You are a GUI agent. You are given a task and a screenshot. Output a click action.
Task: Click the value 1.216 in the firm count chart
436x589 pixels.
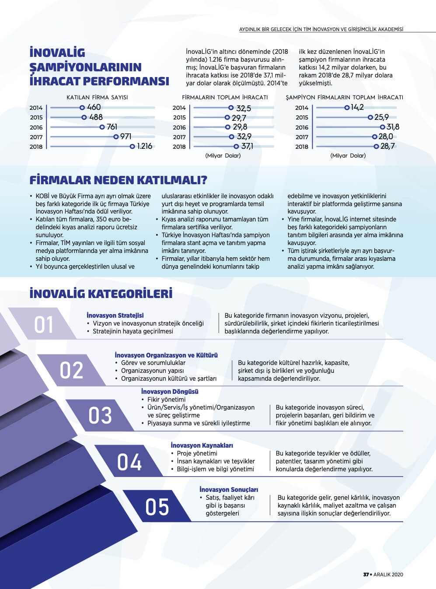pyautogui.click(x=145, y=146)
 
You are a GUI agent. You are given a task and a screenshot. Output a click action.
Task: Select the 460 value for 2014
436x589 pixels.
pyautogui.click(x=94, y=107)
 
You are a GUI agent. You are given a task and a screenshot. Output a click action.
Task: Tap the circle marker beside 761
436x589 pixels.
pyautogui.click(x=102, y=127)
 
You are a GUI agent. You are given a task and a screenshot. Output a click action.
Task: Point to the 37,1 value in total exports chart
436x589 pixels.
pyautogui.click(x=247, y=146)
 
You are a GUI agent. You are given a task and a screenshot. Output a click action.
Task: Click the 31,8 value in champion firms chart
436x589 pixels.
pyautogui.click(x=393, y=127)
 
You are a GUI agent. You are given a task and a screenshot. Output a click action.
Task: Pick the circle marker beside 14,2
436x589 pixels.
pyautogui.click(x=347, y=107)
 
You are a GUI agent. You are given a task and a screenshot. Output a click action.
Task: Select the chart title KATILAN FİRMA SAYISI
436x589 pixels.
pyautogui.click(x=97, y=97)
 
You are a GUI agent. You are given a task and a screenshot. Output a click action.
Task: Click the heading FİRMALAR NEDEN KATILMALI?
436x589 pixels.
pyautogui.click(x=118, y=180)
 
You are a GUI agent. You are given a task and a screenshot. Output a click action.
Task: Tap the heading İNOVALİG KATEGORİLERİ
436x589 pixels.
pyautogui.click(x=101, y=293)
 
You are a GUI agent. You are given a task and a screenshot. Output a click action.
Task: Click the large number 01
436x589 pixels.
pyautogui.click(x=44, y=325)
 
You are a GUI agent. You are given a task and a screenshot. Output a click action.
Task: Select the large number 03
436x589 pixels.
pyautogui.click(x=100, y=415)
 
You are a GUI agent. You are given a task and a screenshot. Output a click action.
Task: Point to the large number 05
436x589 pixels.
pyautogui.click(x=157, y=507)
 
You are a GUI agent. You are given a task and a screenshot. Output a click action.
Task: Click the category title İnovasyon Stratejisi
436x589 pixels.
pyautogui.click(x=115, y=315)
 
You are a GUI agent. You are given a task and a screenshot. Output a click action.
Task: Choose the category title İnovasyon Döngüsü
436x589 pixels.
pyautogui.click(x=170, y=391)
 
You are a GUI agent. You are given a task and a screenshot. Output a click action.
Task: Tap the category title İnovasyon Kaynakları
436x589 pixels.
pyautogui.click(x=202, y=445)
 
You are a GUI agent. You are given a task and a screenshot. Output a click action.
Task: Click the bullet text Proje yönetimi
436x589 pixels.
pyautogui.click(x=197, y=453)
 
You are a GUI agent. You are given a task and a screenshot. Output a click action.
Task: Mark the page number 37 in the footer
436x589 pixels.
pyautogui.click(x=366, y=575)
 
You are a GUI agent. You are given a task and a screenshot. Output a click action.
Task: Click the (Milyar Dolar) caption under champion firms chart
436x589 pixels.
pyautogui.click(x=348, y=155)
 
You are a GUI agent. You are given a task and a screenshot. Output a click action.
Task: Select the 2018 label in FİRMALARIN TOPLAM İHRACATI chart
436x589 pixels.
pyautogui.click(x=179, y=147)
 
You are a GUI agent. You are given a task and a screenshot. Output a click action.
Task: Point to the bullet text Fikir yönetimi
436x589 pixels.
pyautogui.click(x=166, y=400)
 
